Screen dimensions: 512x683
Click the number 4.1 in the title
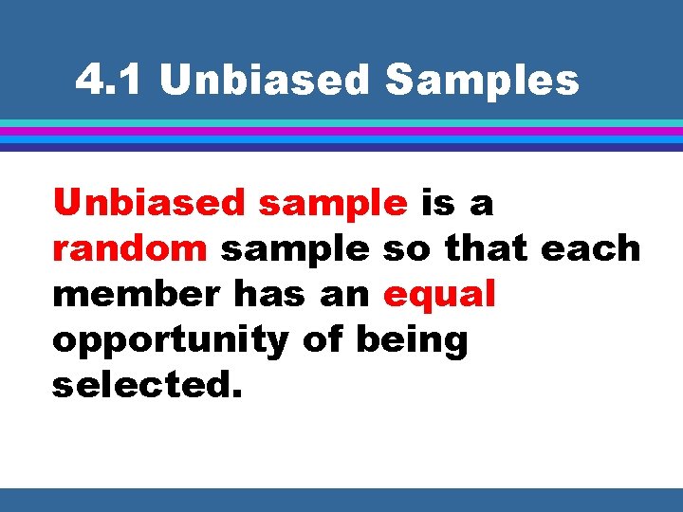pyautogui.click(x=113, y=82)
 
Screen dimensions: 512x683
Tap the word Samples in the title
pyautogui.click(x=482, y=82)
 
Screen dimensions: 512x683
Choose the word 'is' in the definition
pyautogui.click(x=437, y=202)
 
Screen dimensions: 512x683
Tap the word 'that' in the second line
pyautogui.click(x=487, y=248)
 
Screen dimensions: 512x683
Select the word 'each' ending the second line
pyautogui.click(x=591, y=248)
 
